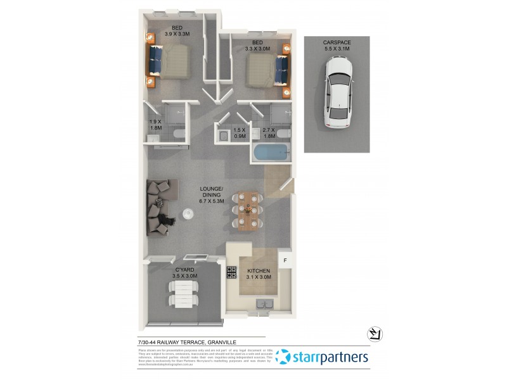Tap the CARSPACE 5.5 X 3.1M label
pyautogui.click(x=337, y=46)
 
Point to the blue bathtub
pyautogui.click(x=271, y=153)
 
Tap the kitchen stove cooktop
pyautogui.click(x=230, y=273)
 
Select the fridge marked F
pyautogui.click(x=285, y=260)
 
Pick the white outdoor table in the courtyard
pyautogui.click(x=183, y=294)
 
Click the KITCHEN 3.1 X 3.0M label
pyautogui.click(x=259, y=274)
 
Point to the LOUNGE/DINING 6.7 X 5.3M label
pyautogui.click(x=211, y=196)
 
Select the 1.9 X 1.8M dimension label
pyautogui.click(x=156, y=125)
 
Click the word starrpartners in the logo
pyautogui.click(x=330, y=357)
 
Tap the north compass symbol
pyautogui.click(x=373, y=334)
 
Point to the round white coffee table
pyautogui.click(x=188, y=214)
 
